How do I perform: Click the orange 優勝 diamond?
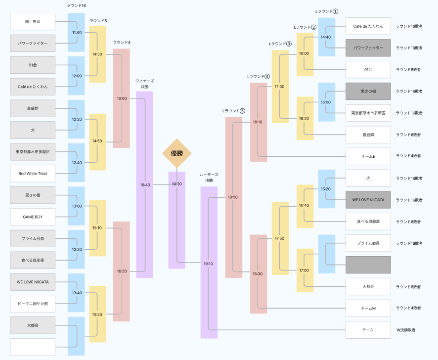pyautogui.click(x=177, y=153)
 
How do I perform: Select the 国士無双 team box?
pyautogui.click(x=33, y=22)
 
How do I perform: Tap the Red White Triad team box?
pyautogui.click(x=33, y=174)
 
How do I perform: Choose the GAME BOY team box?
pyautogui.click(x=33, y=217)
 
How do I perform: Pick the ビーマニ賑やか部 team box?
pyautogui.click(x=33, y=304)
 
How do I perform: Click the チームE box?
pyautogui.click(x=368, y=156)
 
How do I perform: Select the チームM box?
pyautogui.click(x=368, y=308)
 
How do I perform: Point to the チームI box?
pyautogui.click(x=368, y=330)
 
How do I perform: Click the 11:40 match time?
pyautogui.click(x=77, y=33)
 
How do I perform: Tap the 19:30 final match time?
pyautogui.click(x=177, y=184)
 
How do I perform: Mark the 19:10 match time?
pyautogui.click(x=208, y=264)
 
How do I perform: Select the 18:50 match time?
pyautogui.click(x=233, y=197)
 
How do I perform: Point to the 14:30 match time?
pyautogui.click(x=97, y=54)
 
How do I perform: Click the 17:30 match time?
pyautogui.click(x=279, y=87)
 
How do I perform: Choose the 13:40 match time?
pyautogui.click(x=77, y=293)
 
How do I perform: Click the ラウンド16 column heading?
pyautogui.click(x=76, y=5)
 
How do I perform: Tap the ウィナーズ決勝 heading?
pyautogui.click(x=145, y=84)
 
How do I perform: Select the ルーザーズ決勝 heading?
pyautogui.click(x=209, y=178)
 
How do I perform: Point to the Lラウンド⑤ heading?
pyautogui.click(x=233, y=111)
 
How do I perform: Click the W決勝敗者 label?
pyautogui.click(x=406, y=330)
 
